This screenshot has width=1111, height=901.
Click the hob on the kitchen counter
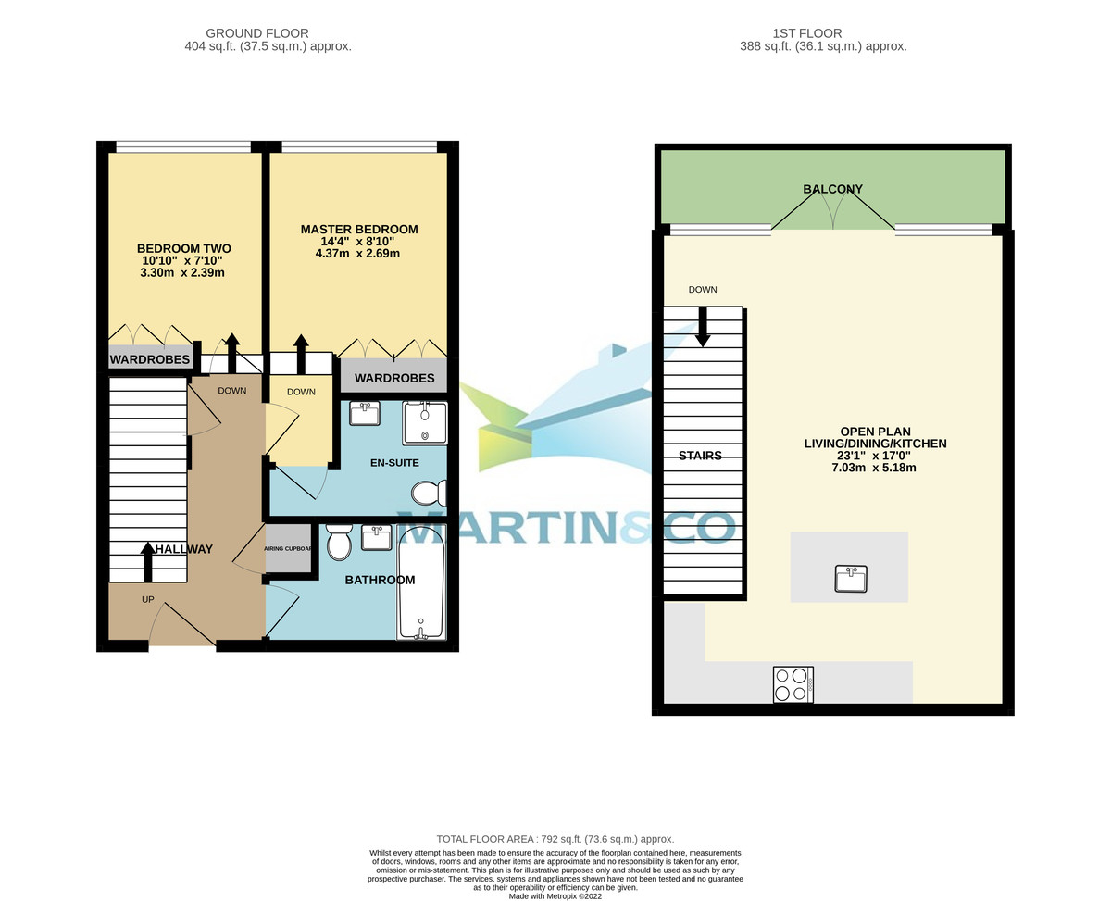pyautogui.click(x=793, y=684)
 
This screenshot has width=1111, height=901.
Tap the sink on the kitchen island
pyautogui.click(x=849, y=579)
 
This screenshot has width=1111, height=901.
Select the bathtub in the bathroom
pyautogui.click(x=421, y=582)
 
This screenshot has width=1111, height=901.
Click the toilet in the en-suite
pyautogui.click(x=430, y=493)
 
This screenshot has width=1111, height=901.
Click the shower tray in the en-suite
pyautogui.click(x=425, y=423)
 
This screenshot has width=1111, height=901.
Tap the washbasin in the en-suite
pyautogui.click(x=364, y=413)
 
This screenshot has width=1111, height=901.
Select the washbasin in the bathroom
pyautogui.click(x=376, y=538)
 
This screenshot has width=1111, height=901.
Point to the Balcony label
pyautogui.click(x=832, y=189)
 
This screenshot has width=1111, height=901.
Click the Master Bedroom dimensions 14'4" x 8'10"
pyautogui.click(x=359, y=241)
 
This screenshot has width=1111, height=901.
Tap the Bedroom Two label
pyautogui.click(x=183, y=248)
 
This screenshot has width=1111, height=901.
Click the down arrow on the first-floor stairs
pyautogui.click(x=703, y=326)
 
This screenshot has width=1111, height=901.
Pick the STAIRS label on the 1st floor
pyautogui.click(x=700, y=456)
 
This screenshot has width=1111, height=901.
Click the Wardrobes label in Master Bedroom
pyautogui.click(x=394, y=378)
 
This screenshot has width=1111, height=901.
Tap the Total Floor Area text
pyautogui.click(x=555, y=839)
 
